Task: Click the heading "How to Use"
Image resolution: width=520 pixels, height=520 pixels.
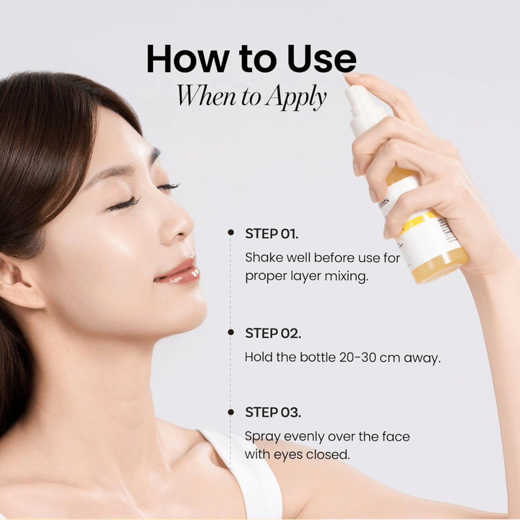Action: point(251,59)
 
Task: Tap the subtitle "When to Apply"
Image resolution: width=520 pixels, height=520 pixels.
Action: point(252,96)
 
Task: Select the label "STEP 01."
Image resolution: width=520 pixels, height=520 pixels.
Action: point(271,233)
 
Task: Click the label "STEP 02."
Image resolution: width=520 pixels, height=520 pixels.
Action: point(273,334)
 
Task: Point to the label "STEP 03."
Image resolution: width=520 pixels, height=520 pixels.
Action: point(273,413)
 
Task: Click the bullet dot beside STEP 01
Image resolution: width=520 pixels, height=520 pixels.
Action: point(230,233)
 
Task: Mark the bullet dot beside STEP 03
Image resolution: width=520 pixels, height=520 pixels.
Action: point(230,412)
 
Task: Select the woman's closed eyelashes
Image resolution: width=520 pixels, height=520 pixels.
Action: point(125,204)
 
